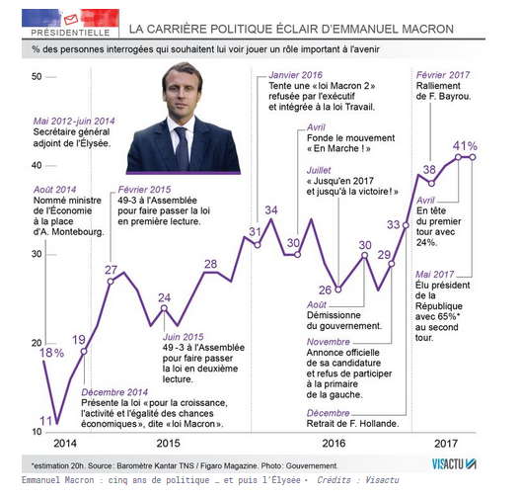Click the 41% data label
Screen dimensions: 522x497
[465, 146]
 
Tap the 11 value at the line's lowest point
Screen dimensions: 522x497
[46, 421]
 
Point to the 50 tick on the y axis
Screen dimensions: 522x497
[37, 77]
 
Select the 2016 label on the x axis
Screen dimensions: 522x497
[334, 444]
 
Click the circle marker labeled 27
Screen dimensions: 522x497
[111, 282]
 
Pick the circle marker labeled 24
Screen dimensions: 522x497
[164, 308]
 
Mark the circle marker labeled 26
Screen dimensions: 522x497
[337, 290]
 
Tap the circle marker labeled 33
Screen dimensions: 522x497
[406, 225]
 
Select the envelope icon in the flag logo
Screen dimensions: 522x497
[71, 20]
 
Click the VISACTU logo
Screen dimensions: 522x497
[454, 464]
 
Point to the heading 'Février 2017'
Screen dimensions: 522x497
[443, 75]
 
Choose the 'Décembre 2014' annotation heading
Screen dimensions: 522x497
[114, 392]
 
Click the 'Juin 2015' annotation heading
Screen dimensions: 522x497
[184, 337]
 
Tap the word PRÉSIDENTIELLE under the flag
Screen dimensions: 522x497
[70, 33]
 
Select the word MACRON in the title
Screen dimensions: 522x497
[428, 29]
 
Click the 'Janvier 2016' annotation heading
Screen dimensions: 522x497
[296, 75]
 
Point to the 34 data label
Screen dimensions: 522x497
[271, 210]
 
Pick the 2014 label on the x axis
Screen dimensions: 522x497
[65, 444]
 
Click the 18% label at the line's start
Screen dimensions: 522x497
[52, 353]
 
